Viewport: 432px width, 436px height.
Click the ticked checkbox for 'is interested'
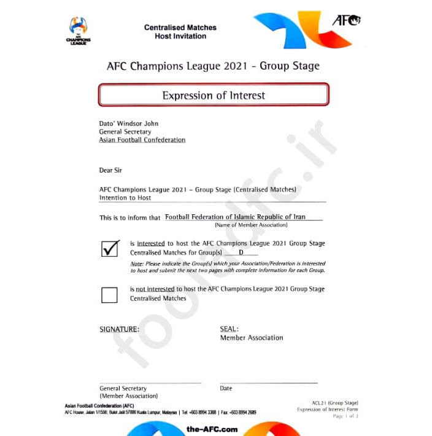(110, 247)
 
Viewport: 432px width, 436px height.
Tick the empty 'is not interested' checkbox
(109, 295)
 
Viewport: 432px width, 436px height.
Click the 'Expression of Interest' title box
(214, 95)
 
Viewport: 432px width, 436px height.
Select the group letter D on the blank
(241, 252)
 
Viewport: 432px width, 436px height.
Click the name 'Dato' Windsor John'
(129, 123)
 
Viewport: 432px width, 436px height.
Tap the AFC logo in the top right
(346, 20)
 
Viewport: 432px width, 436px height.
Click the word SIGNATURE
(119, 329)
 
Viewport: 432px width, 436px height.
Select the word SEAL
(228, 329)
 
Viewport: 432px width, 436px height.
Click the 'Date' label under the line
(226, 388)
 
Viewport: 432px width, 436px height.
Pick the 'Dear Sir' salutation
(110, 170)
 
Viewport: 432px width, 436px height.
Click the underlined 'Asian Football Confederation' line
(142, 140)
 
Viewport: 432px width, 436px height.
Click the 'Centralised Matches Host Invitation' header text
(180, 32)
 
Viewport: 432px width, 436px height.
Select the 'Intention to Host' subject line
(125, 198)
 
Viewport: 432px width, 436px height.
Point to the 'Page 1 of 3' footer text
(345, 416)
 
